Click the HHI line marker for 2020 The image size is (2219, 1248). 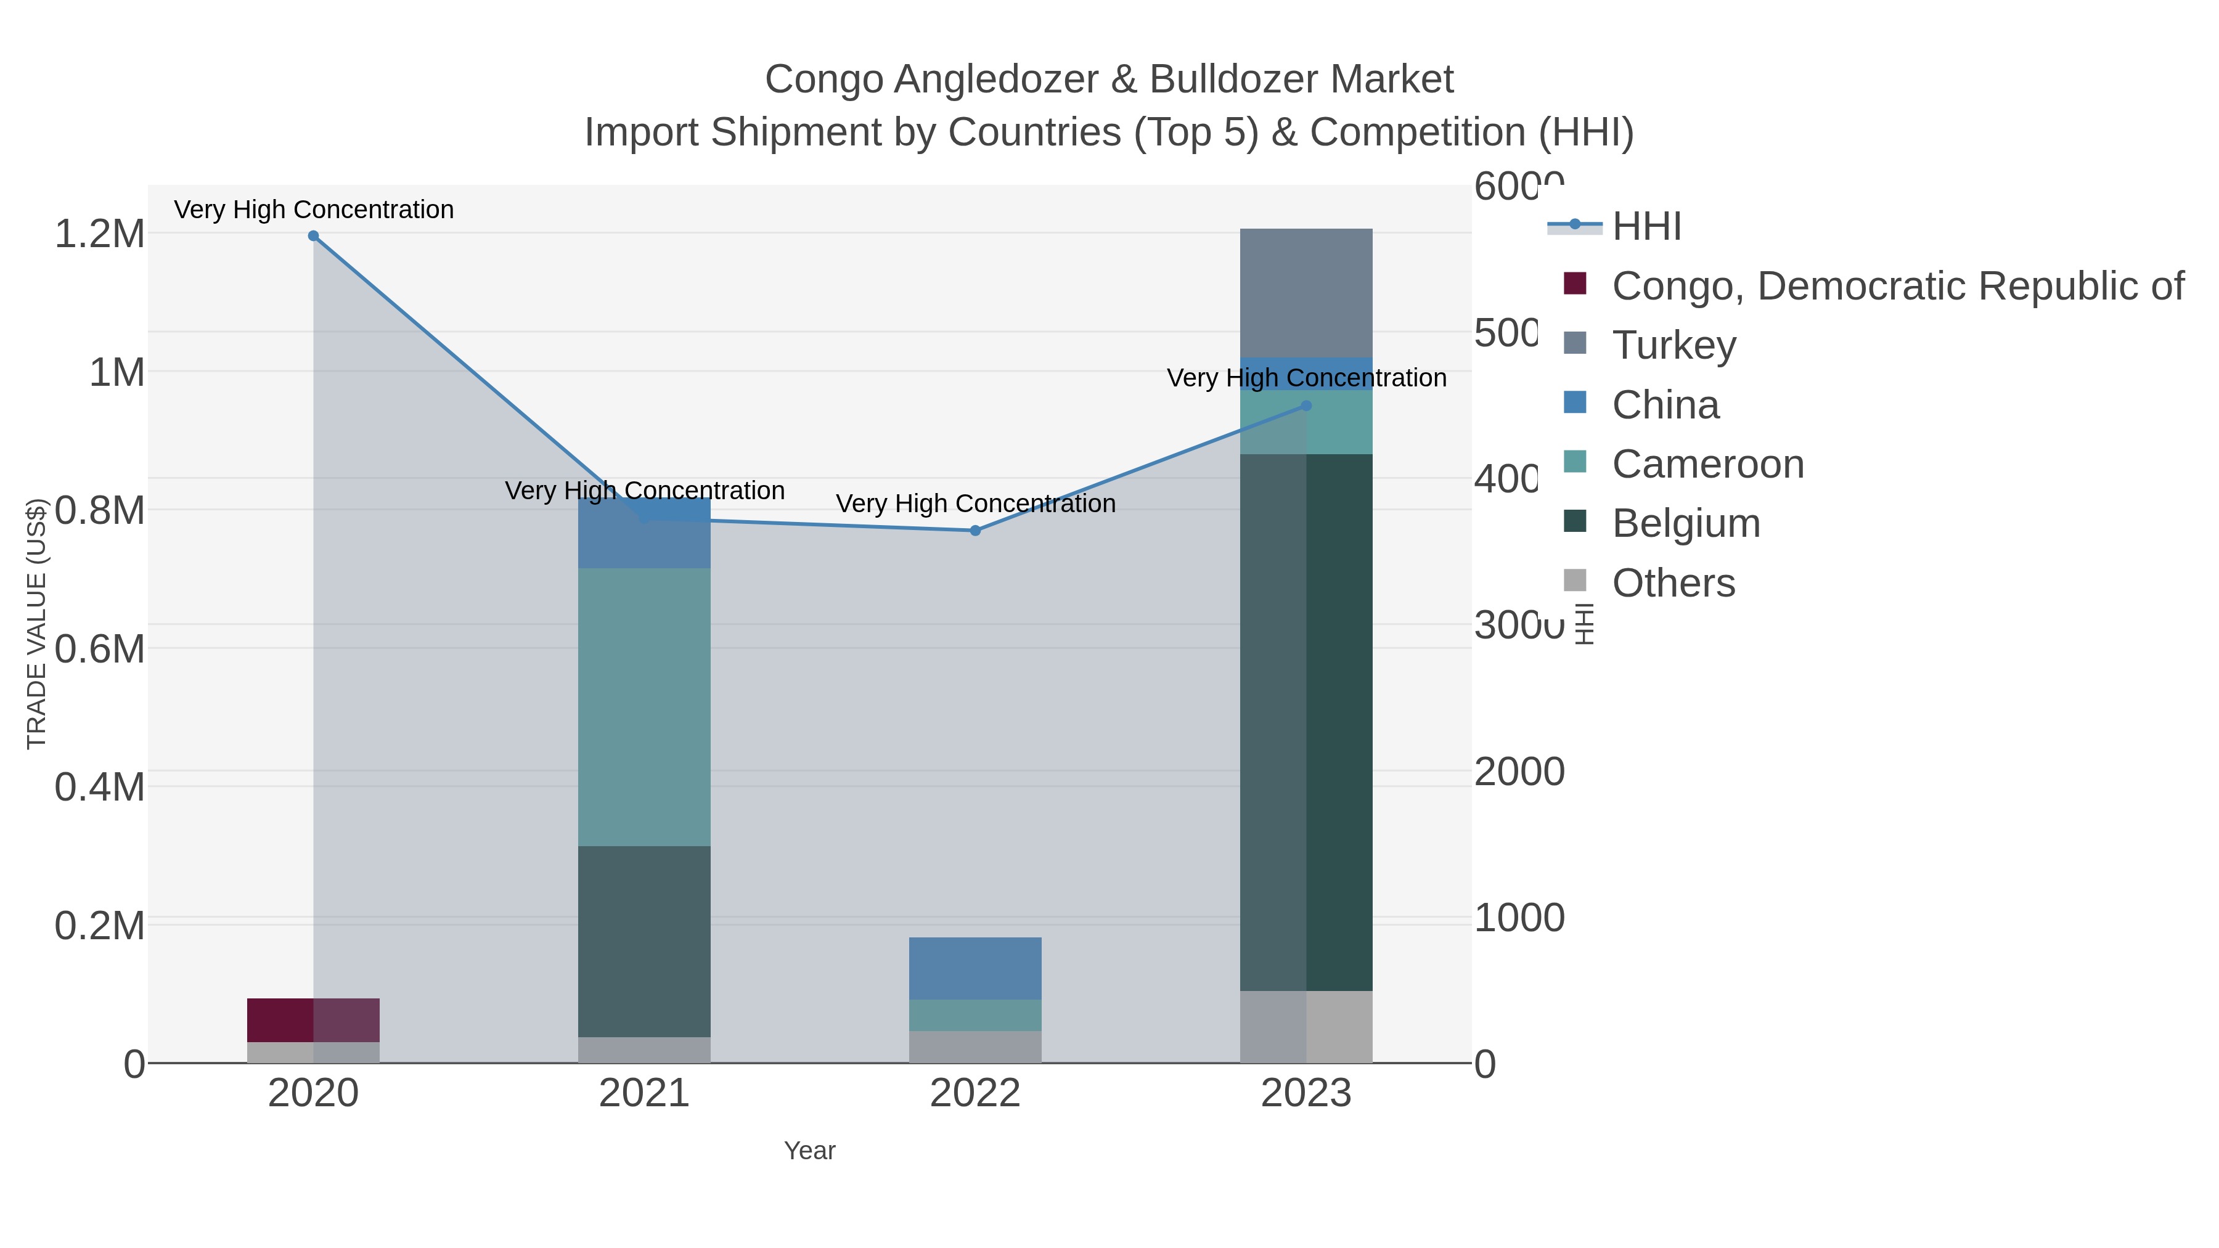(314, 236)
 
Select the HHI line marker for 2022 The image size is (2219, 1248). (975, 531)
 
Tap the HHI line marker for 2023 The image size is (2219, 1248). (1306, 406)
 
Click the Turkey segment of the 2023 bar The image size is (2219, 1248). (1306, 293)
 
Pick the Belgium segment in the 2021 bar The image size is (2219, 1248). (644, 940)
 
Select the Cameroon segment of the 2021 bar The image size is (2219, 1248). (644, 706)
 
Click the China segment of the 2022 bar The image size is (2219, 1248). (975, 968)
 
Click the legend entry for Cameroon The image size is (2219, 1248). (1707, 464)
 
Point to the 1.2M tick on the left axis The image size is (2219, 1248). (100, 234)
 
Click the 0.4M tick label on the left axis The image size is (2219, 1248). (100, 787)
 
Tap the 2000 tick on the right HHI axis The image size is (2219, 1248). (1519, 772)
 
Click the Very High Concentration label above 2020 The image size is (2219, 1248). (314, 210)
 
